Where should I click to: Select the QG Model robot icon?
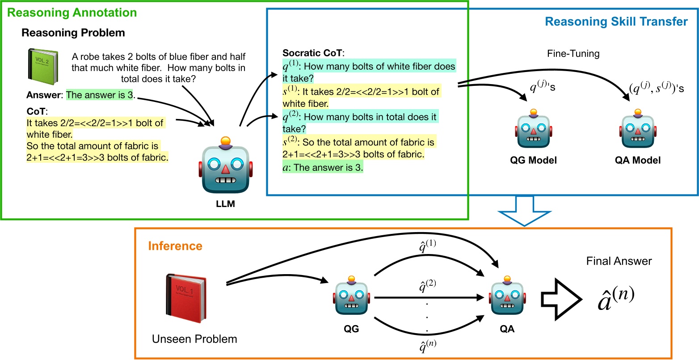[x=533, y=130]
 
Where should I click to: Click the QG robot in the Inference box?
[x=352, y=297]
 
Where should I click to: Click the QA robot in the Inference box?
[x=507, y=297]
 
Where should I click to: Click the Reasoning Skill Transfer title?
[x=616, y=21]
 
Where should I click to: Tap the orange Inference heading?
[x=175, y=246]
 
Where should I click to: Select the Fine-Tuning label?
[x=573, y=54]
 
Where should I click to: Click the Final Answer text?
[x=619, y=261]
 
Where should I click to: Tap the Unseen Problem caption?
[x=194, y=339]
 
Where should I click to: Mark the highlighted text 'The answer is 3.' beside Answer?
[x=100, y=94]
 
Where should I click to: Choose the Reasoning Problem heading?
[x=73, y=33]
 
